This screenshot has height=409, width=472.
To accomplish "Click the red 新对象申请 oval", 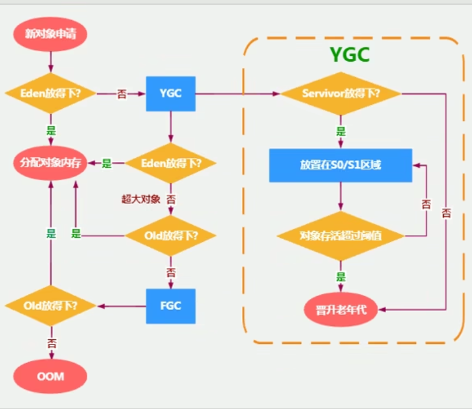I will (x=50, y=33).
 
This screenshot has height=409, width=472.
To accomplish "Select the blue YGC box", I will (x=171, y=93).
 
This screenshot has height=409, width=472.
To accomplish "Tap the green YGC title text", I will (x=349, y=55).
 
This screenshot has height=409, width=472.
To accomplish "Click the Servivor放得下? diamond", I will (x=341, y=93).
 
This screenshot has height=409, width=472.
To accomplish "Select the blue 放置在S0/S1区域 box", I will (x=341, y=165).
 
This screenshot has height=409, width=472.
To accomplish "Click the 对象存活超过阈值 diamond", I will (x=341, y=236).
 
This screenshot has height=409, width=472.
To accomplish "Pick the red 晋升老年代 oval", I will (x=341, y=310).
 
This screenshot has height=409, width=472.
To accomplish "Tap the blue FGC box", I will (x=171, y=306).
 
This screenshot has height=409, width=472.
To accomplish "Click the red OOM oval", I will (x=50, y=377).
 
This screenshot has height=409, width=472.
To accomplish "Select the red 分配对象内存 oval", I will (x=50, y=163).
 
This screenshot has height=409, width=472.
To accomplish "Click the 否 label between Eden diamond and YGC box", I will (x=122, y=94).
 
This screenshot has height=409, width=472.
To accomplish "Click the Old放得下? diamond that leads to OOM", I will (x=50, y=305).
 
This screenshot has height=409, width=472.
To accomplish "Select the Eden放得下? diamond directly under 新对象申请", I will (x=50, y=93).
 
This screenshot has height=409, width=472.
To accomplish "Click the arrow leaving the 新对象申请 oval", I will (x=50, y=60).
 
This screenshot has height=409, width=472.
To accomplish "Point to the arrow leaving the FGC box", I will (x=121, y=306).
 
